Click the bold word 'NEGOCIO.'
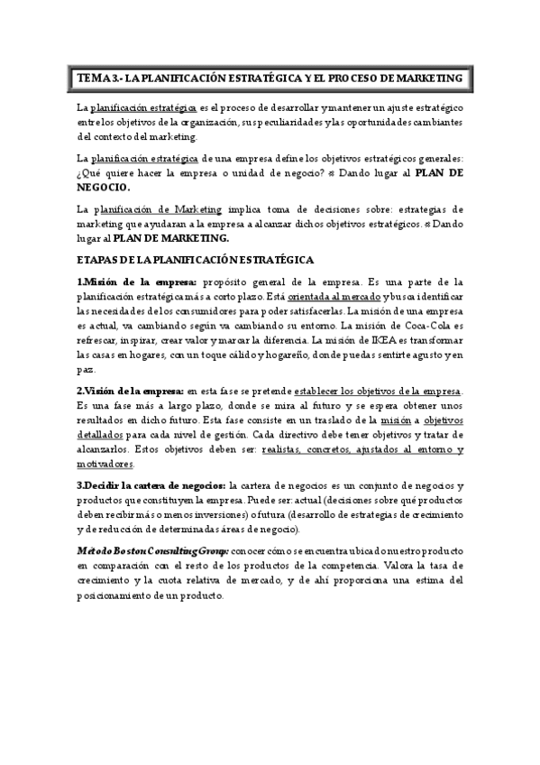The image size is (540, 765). (104, 187)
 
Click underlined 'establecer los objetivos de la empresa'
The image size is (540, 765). (378, 391)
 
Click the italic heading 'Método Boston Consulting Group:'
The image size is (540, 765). (152, 550)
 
